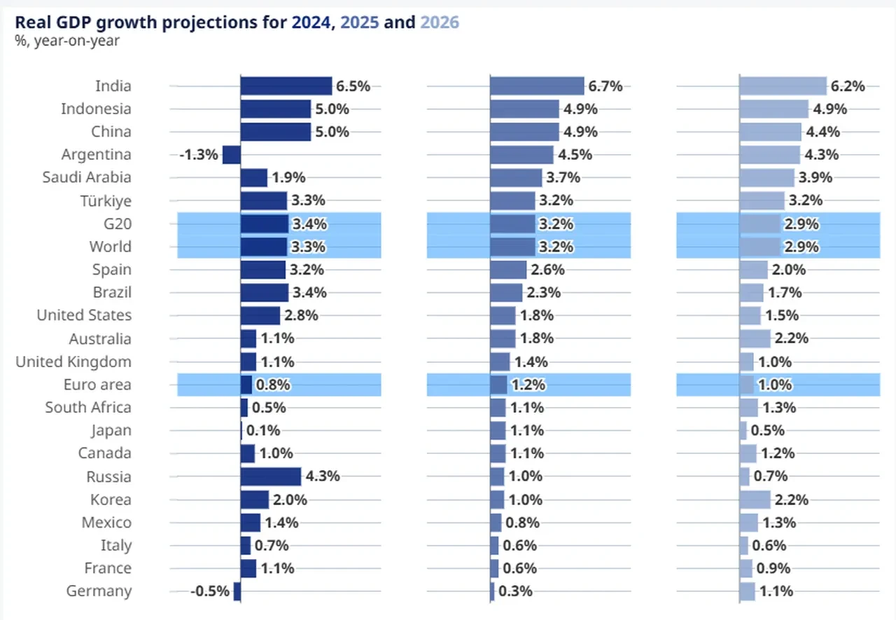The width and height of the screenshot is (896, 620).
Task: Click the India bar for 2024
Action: (x=286, y=86)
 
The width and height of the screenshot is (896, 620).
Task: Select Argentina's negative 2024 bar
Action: (x=232, y=155)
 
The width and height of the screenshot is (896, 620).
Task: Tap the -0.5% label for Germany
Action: (x=210, y=591)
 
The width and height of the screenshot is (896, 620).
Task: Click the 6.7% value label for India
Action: (x=605, y=86)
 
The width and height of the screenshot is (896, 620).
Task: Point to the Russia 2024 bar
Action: (x=271, y=476)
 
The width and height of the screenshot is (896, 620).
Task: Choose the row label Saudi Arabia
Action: (x=87, y=177)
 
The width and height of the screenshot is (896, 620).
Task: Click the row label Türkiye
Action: (x=106, y=201)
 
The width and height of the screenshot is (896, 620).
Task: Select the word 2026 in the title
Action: (x=440, y=22)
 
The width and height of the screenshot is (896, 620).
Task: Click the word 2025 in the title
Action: (x=360, y=22)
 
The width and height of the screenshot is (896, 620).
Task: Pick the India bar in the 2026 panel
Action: (x=783, y=86)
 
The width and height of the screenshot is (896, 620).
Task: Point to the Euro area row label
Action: (x=97, y=385)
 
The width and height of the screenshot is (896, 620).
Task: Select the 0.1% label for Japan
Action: (x=263, y=431)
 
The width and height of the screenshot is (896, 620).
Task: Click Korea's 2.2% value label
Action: (x=792, y=500)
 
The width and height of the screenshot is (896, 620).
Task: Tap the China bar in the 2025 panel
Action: (x=524, y=132)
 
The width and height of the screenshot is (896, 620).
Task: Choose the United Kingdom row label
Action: (x=73, y=362)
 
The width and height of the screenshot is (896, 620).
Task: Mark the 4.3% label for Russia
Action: (x=323, y=476)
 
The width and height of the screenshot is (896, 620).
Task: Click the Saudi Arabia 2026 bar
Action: (x=766, y=177)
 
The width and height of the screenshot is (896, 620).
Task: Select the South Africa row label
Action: (x=88, y=408)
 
